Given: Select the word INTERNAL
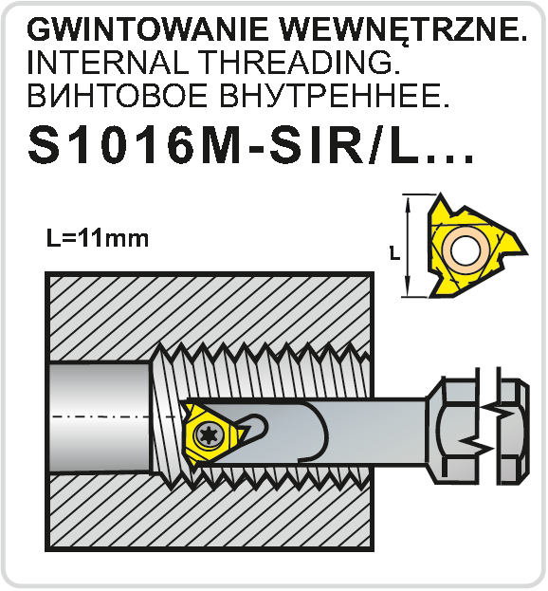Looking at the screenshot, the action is tap(108, 63).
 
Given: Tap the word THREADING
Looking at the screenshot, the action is tap(299, 63).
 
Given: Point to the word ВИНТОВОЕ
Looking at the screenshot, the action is tap(118, 95).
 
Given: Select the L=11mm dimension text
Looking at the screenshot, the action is tap(98, 239).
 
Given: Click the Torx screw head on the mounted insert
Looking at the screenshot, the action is tap(209, 434).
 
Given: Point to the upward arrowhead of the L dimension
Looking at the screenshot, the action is tap(408, 204).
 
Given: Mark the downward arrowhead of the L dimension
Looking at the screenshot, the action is tap(408, 288).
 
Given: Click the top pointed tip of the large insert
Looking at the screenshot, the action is tap(441, 194).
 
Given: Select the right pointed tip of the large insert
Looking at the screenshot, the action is tap(526, 252).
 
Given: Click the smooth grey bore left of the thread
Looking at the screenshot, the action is tap(100, 416).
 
